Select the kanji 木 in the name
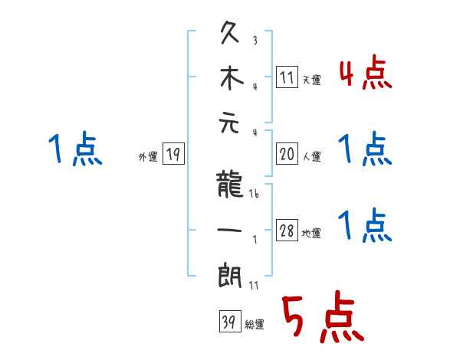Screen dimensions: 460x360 (x=230, y=79)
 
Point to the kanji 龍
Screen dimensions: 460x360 (x=229, y=185)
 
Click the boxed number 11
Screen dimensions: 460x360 (x=287, y=77)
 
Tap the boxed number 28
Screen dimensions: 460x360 (x=287, y=231)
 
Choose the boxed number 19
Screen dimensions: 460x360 (x=173, y=155)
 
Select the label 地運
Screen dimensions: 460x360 (x=312, y=234)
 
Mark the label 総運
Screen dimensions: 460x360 (x=255, y=324)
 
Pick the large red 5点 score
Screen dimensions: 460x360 (x=321, y=316)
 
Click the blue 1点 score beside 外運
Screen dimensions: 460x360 (x=74, y=148)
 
